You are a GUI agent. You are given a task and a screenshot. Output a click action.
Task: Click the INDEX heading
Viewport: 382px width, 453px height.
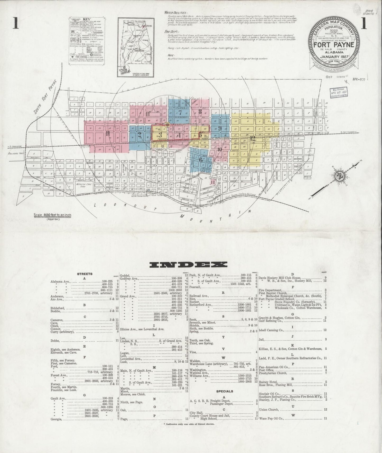tap(188, 264)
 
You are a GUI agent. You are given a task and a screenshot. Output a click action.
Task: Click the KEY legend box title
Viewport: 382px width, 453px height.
tap(86, 20)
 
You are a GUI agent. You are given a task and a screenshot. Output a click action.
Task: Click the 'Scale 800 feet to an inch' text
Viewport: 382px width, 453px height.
tap(52, 215)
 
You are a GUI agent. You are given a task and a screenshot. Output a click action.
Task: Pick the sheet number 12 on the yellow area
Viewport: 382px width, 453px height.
tap(252, 138)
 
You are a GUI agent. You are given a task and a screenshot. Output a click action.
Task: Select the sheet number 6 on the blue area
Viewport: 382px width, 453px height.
tap(201, 160)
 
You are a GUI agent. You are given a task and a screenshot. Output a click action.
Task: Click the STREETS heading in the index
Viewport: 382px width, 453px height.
tap(85, 274)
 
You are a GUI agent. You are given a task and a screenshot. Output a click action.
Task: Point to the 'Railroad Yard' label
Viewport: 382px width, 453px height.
tap(16, 153)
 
